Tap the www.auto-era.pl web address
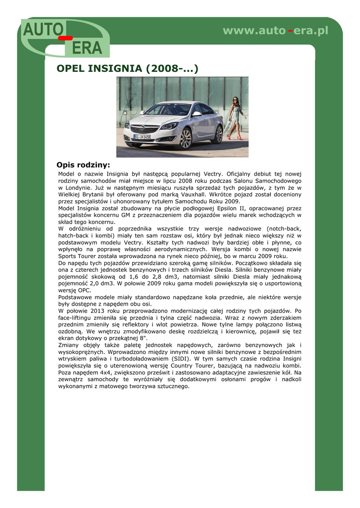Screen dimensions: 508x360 pyautogui.click(x=276, y=31)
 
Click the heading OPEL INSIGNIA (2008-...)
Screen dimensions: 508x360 pyautogui.click(x=128, y=68)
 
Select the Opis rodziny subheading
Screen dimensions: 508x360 pyautogui.click(x=83, y=165)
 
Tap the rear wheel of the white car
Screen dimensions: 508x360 pyautogui.click(x=217, y=134)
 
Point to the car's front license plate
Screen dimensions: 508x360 pyautogui.click(x=143, y=136)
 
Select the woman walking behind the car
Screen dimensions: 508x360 pyautogui.click(x=235, y=118)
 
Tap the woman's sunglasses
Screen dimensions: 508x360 pyautogui.click(x=235, y=100)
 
